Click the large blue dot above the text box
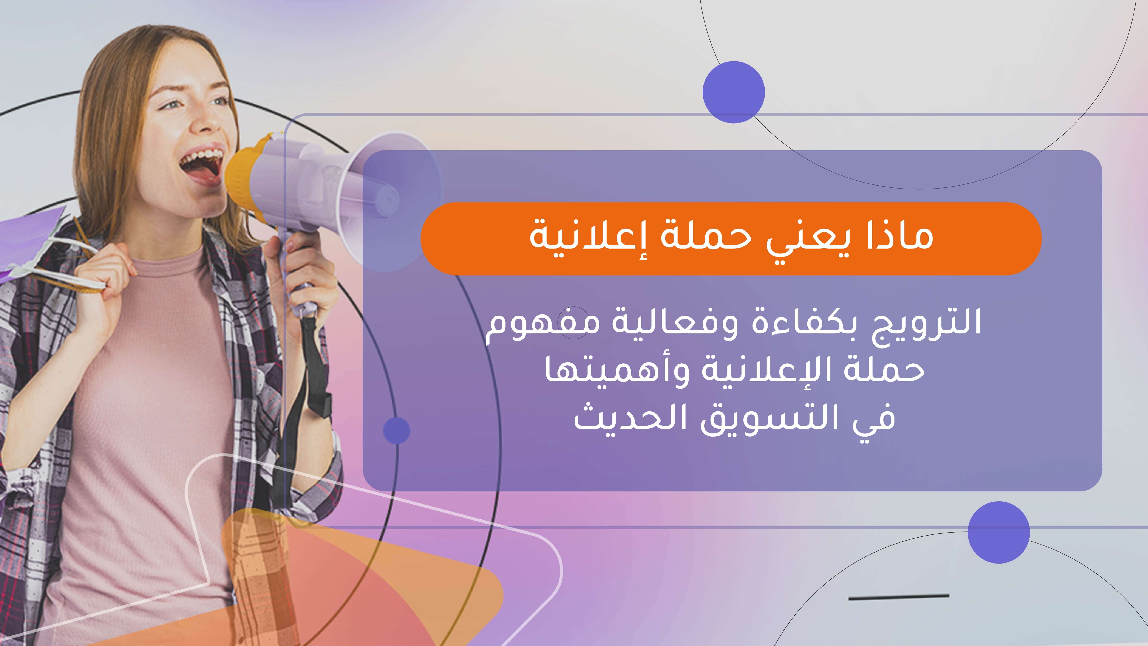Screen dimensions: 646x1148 [734, 92]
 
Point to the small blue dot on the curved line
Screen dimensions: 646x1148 [396, 431]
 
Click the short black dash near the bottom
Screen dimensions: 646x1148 [898, 596]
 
